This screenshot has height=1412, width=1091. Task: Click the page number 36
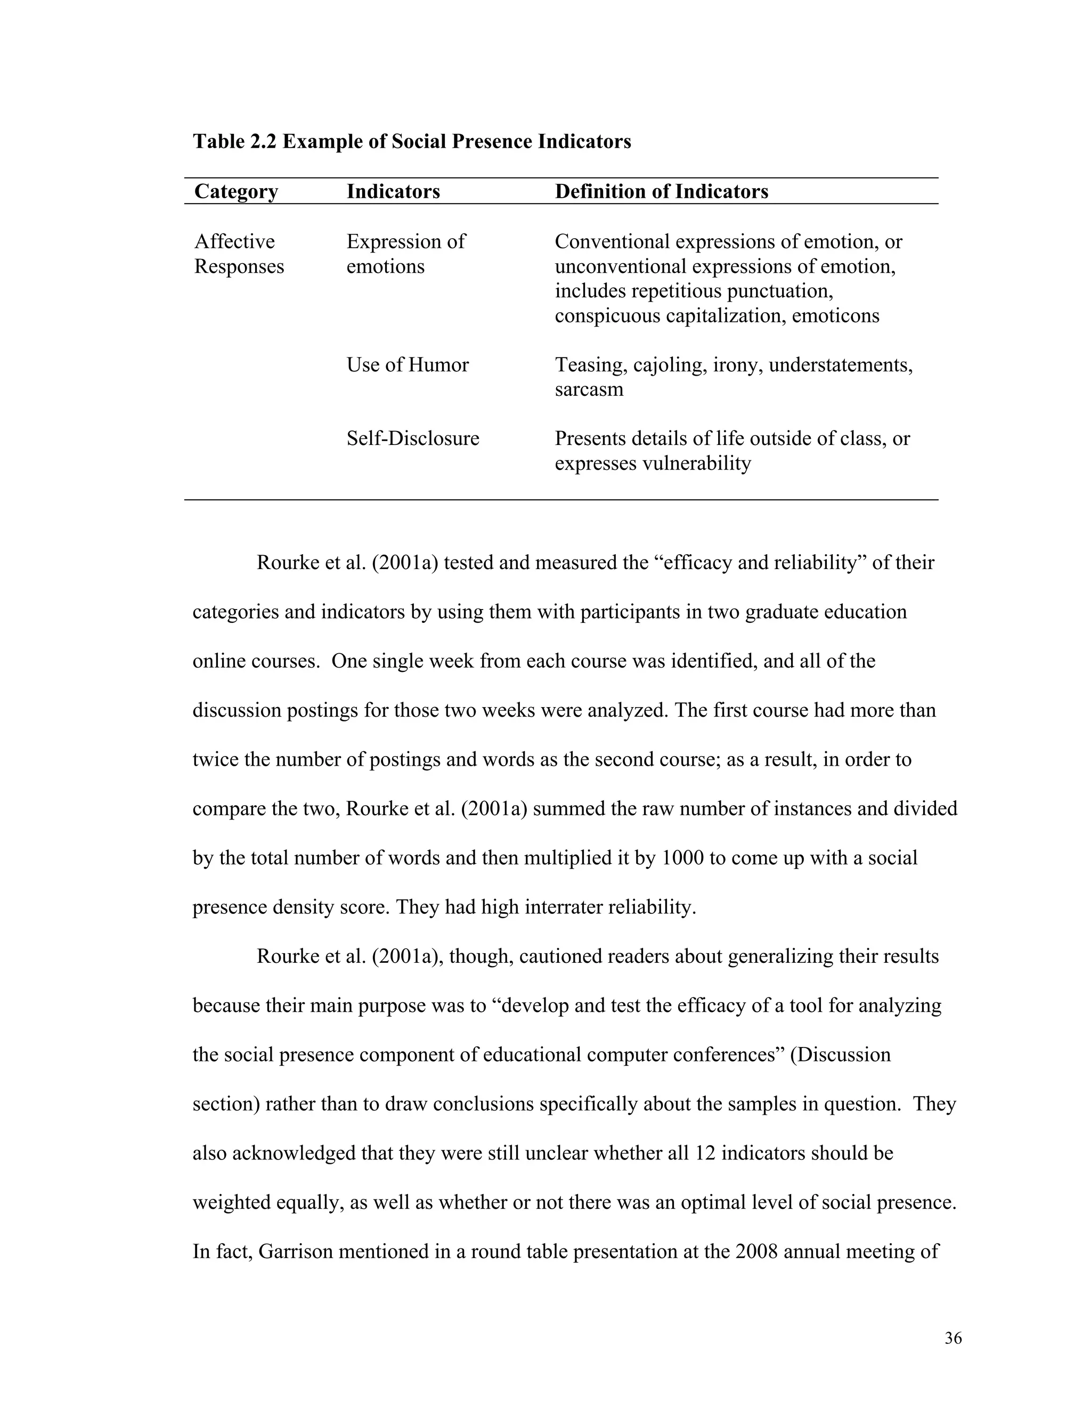pos(952,1338)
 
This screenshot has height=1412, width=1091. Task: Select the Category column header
pos(236,191)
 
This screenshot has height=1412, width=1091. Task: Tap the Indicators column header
pos(393,191)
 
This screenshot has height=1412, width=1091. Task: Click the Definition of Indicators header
pos(661,191)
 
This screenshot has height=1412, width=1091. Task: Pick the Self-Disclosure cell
pos(412,439)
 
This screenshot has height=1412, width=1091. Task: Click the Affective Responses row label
pos(239,254)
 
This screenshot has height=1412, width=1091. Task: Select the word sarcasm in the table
pos(589,390)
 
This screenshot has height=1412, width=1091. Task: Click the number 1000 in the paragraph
pos(682,858)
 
